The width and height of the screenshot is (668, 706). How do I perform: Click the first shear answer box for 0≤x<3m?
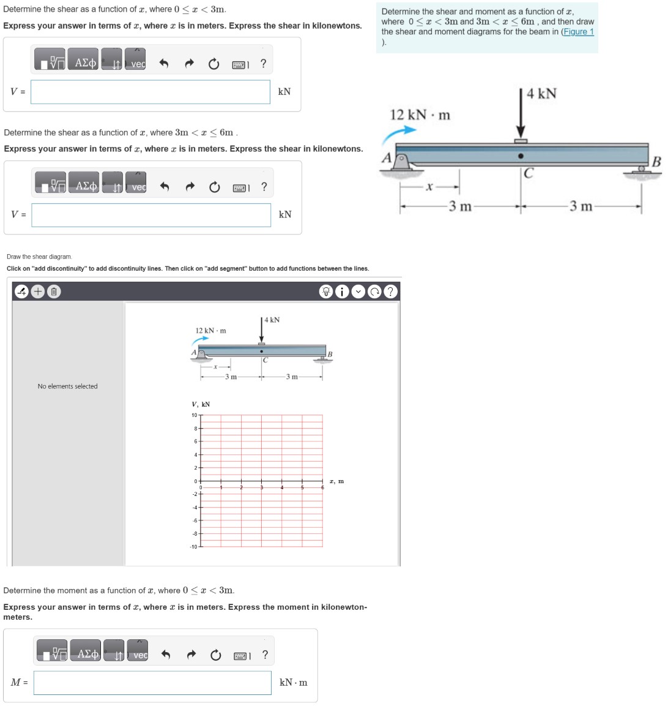tap(150, 92)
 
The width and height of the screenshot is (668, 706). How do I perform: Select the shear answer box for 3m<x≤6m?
tap(151, 215)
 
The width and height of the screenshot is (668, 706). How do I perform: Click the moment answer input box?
tap(152, 683)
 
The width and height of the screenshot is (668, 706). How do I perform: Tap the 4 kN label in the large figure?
tap(541, 94)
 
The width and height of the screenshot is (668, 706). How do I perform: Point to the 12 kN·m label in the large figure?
tap(420, 115)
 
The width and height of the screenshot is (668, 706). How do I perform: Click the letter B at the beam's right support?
tap(656, 162)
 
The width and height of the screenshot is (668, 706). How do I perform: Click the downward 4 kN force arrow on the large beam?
tap(521, 116)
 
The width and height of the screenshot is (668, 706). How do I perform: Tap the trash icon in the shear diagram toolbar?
tap(53, 292)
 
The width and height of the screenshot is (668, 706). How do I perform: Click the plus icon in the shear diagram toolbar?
tap(38, 292)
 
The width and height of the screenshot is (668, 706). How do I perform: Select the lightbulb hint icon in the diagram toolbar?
tap(327, 292)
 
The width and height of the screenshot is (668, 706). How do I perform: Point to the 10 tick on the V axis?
tap(194, 416)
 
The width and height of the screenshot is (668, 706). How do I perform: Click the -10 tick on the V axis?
tap(193, 547)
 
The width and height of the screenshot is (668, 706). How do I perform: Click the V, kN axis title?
tap(201, 404)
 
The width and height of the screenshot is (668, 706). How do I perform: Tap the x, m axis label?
tap(336, 481)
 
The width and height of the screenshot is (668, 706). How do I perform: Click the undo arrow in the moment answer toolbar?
tap(165, 655)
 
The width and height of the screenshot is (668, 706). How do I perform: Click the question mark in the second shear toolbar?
tap(264, 187)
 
